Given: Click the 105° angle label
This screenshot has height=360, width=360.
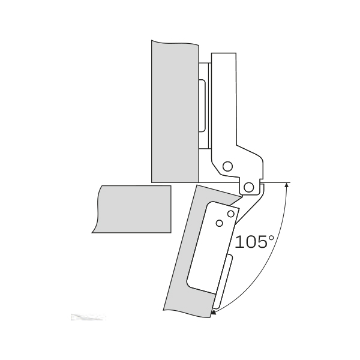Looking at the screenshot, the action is tap(254, 242).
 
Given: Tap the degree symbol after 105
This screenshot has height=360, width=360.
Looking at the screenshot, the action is tap(271, 238).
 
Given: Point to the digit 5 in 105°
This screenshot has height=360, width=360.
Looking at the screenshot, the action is tap(261, 242).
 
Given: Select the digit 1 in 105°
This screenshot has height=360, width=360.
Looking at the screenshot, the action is tap(238, 242).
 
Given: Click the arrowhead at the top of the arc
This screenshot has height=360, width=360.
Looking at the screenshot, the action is tap(286, 185).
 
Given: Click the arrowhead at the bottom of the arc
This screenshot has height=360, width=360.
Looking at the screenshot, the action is tap(213, 312).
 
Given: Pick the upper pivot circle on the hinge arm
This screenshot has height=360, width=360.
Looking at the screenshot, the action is tap(227, 166).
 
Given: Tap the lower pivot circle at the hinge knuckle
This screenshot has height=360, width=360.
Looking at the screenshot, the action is tap(248, 187).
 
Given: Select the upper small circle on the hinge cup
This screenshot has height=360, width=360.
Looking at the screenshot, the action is tap(231, 214).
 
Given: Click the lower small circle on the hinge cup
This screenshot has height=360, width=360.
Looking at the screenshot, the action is tap(220, 223).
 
